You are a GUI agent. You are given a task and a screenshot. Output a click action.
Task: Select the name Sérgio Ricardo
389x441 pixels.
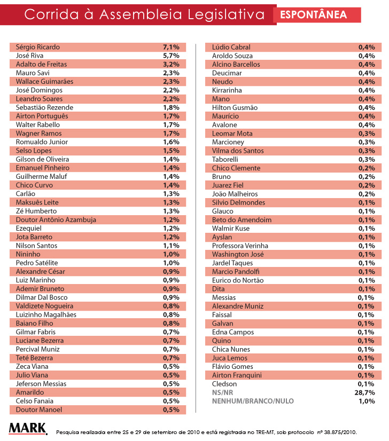(x=37, y=47)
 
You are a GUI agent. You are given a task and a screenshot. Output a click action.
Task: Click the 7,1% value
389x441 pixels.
(x=170, y=47)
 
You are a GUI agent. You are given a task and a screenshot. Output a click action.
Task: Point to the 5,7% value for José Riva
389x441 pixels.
(x=170, y=56)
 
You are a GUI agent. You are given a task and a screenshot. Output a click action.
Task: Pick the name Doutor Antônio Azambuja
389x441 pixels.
(x=56, y=220)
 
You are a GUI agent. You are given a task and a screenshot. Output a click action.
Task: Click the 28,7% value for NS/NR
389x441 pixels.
(x=367, y=392)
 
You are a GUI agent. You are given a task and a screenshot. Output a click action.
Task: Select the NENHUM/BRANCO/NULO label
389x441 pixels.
(x=253, y=401)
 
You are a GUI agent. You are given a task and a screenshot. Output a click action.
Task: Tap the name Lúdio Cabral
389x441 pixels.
(x=231, y=47)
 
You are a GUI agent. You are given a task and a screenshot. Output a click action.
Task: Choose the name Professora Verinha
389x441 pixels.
(x=240, y=246)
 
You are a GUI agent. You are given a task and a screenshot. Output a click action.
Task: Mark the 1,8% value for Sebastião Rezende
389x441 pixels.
(x=170, y=107)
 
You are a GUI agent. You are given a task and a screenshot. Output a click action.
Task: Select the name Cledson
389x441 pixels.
(x=224, y=384)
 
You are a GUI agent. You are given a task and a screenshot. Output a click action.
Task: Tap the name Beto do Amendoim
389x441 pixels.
(x=242, y=220)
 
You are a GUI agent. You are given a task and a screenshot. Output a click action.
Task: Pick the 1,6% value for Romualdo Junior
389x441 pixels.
(x=170, y=142)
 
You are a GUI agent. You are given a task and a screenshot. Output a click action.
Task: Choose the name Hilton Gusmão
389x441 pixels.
(x=235, y=107)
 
